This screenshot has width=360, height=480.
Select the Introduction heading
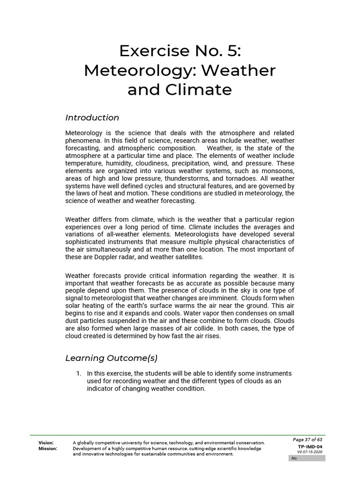coord(92,118)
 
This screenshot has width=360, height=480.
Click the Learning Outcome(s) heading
coord(112,358)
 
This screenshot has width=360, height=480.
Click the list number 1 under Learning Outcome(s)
coord(79,374)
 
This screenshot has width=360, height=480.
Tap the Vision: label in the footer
coord(46,443)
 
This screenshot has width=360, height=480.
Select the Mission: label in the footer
coord(48,449)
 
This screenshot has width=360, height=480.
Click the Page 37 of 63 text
coord(307,440)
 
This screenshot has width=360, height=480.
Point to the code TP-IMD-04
coord(310,447)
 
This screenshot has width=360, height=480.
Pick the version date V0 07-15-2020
coord(310,452)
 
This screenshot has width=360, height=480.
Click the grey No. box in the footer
coord(307,458)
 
